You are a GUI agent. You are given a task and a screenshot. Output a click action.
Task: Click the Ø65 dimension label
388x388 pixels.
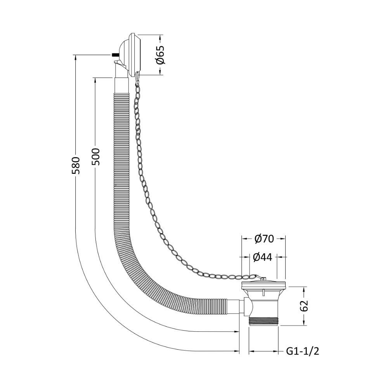(x=160, y=55)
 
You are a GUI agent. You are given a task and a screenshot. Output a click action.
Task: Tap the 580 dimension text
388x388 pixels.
(x=76, y=165)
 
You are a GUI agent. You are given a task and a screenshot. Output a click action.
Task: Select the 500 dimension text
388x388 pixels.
(x=95, y=157)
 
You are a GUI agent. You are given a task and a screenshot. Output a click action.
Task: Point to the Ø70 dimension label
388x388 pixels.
(x=264, y=239)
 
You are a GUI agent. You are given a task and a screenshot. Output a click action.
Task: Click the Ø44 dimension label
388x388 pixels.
(x=263, y=257)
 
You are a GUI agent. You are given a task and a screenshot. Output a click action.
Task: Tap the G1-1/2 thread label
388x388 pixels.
(x=302, y=351)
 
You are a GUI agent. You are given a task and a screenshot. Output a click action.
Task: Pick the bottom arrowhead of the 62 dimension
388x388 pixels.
(x=304, y=323)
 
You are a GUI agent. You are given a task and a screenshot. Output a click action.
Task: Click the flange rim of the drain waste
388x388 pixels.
(x=263, y=286)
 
